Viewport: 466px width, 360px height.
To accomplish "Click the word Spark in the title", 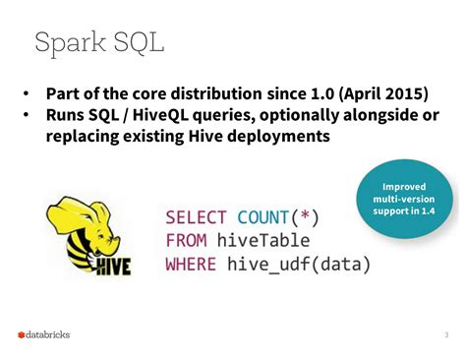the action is click(70, 43).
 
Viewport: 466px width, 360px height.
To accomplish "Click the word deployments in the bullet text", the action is click(278, 136).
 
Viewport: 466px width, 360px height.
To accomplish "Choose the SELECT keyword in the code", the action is click(196, 217).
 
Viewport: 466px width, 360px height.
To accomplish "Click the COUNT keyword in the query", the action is click(262, 217).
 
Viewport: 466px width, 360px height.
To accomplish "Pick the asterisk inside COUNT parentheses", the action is click(305, 215).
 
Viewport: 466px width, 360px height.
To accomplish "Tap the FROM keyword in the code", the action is click(186, 241).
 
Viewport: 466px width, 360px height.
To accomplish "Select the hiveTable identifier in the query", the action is click(263, 241).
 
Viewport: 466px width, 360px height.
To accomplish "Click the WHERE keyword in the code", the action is click(191, 264).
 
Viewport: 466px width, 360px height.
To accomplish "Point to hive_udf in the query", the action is click(268, 265).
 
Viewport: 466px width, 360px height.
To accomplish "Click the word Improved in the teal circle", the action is click(404, 187).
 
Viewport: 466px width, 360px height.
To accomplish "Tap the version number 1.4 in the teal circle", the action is click(428, 210).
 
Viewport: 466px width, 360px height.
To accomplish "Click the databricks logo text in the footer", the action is click(47, 334).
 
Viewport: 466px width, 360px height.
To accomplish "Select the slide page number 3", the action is click(446, 334).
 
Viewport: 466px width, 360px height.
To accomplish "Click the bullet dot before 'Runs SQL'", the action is click(26, 115).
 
